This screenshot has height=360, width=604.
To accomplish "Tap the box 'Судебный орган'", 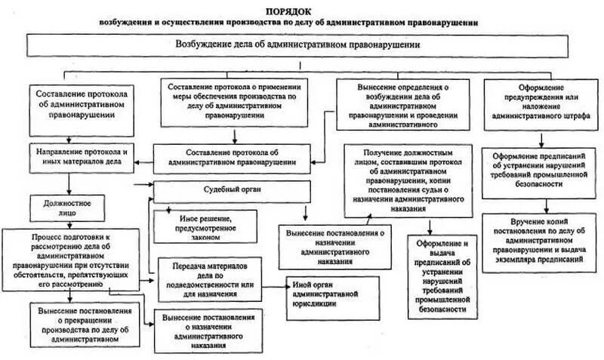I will (233, 189).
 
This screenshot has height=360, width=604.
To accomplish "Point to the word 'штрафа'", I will (576, 117).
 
